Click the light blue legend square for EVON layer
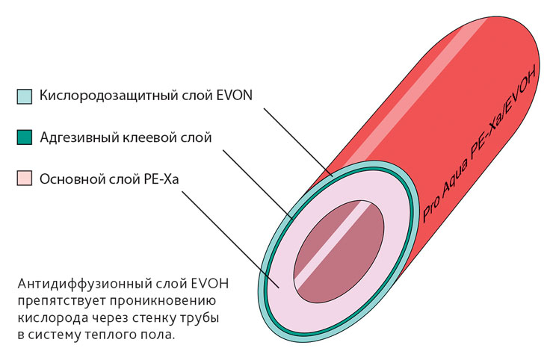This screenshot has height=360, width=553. point(25,96)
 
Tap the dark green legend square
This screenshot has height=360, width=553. point(25,137)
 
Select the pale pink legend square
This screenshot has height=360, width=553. point(25,179)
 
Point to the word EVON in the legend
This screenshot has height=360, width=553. point(232,96)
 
